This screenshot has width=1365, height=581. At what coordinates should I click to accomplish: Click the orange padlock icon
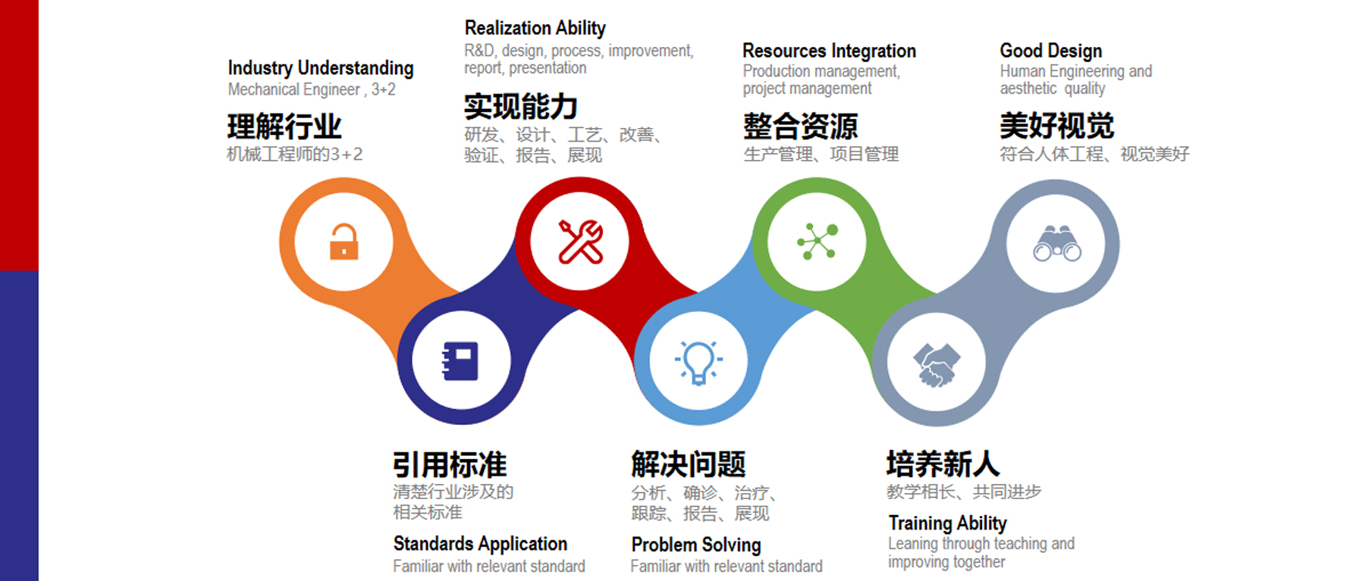click(344, 242)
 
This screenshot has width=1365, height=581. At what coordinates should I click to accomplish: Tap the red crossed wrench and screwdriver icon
click(580, 242)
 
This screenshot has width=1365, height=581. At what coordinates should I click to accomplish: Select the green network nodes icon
click(817, 242)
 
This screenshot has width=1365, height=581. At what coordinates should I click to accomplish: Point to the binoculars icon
click(1057, 243)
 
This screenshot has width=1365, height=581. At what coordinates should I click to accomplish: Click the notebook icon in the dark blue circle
click(460, 361)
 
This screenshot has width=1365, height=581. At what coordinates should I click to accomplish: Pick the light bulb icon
click(698, 363)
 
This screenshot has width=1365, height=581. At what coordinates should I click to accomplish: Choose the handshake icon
click(937, 364)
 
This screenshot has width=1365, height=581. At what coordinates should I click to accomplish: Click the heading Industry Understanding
click(321, 68)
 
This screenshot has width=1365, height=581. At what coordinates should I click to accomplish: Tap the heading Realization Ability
click(535, 28)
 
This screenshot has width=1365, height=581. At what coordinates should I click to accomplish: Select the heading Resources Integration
click(830, 51)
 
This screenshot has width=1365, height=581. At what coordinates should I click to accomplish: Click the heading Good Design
click(1051, 51)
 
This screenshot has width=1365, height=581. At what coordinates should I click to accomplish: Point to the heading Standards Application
click(480, 543)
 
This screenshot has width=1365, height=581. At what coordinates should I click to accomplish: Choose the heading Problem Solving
click(696, 545)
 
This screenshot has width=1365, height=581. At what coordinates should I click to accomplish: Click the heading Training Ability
click(948, 523)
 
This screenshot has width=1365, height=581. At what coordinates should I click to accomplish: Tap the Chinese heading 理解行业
click(284, 127)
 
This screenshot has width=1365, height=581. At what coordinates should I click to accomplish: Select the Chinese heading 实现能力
click(521, 107)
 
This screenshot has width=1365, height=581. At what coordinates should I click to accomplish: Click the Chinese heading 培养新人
click(943, 464)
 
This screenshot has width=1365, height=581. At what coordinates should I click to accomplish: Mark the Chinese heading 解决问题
click(689, 464)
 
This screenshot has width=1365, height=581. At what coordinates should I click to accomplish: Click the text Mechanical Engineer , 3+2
click(312, 89)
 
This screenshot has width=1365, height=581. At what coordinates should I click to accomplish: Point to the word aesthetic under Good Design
click(1028, 89)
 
